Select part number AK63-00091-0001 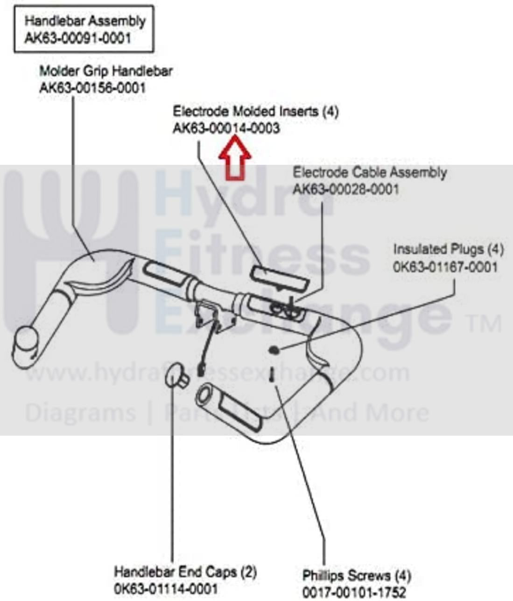(x=77, y=38)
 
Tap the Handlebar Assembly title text (x=85, y=21)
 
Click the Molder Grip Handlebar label (x=106, y=71)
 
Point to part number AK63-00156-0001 (x=92, y=88)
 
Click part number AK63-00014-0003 (x=226, y=128)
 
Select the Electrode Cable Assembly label (x=369, y=172)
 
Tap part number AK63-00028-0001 (x=346, y=189)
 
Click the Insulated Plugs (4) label (x=448, y=249)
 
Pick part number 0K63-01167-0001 (x=445, y=267)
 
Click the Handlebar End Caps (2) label (x=185, y=572)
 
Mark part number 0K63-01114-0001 (x=166, y=588)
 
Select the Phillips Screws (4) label (x=357, y=575)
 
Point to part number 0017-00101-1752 (x=354, y=592)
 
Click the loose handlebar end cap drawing (x=177, y=375)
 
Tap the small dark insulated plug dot (x=274, y=349)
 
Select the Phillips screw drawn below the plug (x=271, y=375)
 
